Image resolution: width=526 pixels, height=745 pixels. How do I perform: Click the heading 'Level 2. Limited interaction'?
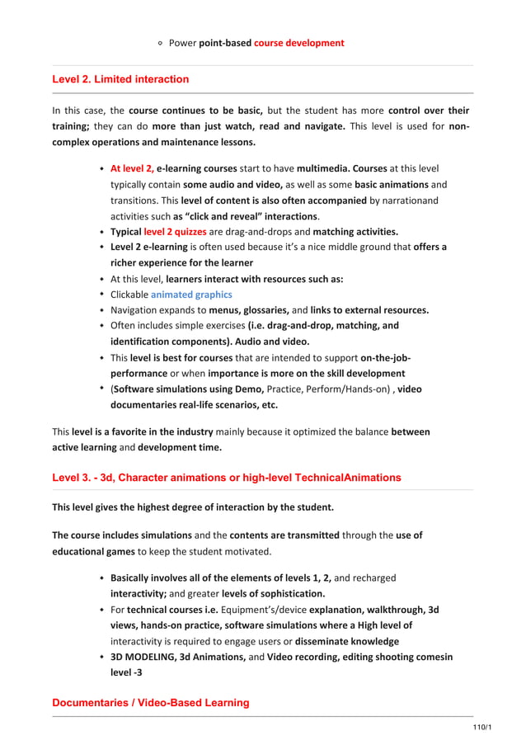120,80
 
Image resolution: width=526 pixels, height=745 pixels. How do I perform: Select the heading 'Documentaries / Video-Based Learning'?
150,703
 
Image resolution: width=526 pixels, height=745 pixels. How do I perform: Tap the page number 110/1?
481,726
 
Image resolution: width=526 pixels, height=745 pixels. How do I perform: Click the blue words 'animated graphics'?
191,294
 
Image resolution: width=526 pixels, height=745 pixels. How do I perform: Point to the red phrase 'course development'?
298,43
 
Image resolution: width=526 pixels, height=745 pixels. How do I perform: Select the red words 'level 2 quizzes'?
175,231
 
